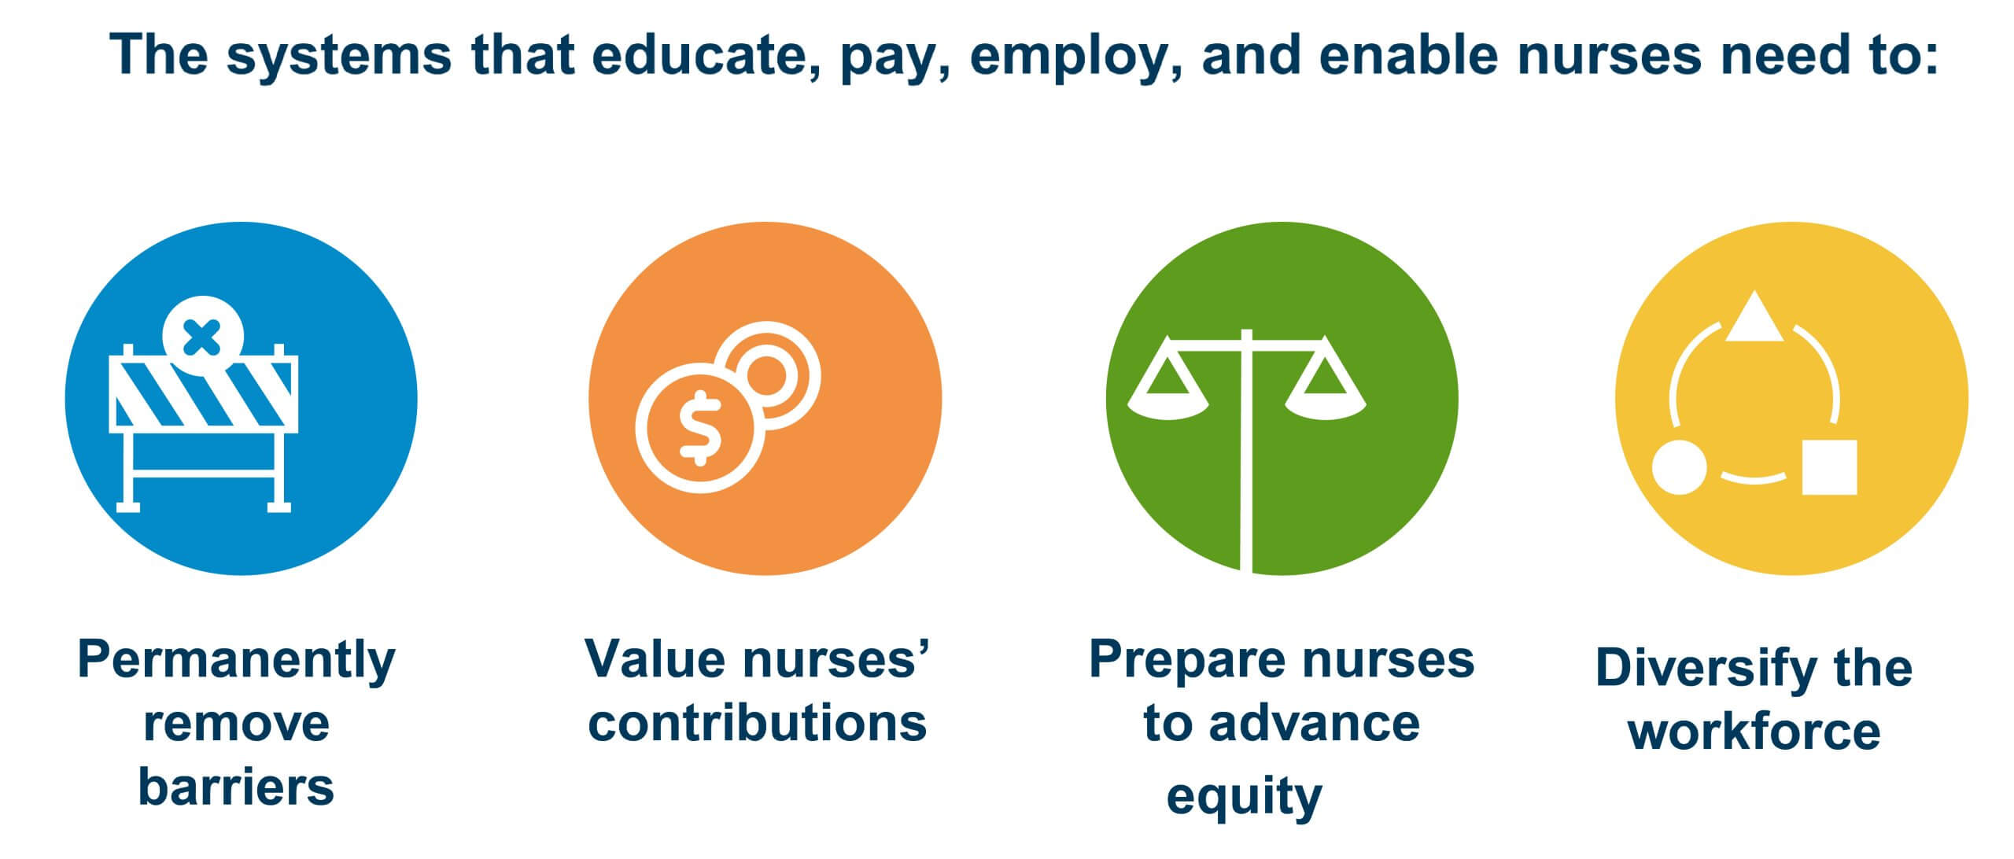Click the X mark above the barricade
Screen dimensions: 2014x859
pyautogui.click(x=201, y=337)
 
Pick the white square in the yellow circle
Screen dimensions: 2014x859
pyautogui.click(x=1829, y=467)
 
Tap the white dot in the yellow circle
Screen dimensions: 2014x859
pyautogui.click(x=1680, y=467)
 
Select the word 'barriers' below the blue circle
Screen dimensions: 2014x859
pyautogui.click(x=236, y=786)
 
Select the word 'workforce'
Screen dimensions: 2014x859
pyautogui.click(x=1754, y=731)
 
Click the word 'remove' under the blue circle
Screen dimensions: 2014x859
pyautogui.click(x=236, y=724)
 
